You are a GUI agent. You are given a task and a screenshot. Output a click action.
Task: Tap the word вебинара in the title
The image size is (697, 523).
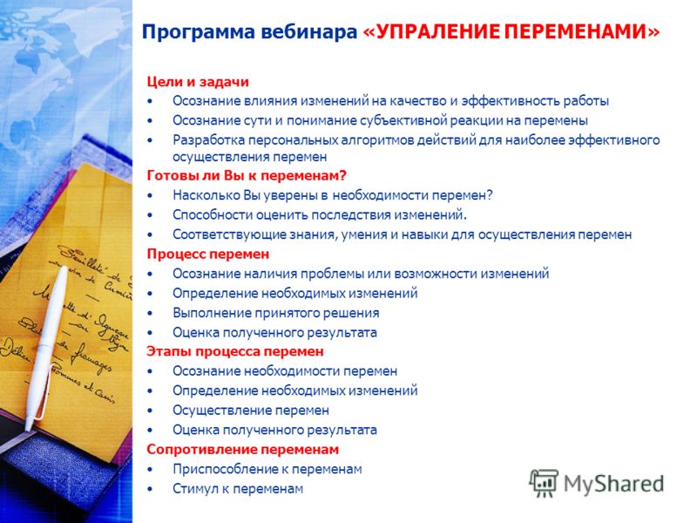coord(309,32)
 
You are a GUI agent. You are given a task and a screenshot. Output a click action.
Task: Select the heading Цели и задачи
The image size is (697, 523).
coord(198,82)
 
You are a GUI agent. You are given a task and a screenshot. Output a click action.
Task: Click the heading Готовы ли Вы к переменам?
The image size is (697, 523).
coord(247,176)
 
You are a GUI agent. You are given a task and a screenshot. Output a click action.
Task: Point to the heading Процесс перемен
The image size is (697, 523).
coord(208,255)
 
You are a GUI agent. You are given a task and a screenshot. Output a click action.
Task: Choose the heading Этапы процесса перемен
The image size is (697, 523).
coord(235,351)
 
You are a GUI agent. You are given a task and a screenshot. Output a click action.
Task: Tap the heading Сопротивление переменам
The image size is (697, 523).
coord(243,449)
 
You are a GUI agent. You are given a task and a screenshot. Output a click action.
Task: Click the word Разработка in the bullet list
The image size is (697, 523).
coord(208,140)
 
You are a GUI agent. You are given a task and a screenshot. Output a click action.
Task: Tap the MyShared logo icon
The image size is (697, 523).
coord(544,483)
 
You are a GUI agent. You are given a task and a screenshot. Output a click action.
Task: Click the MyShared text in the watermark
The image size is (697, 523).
coord(614,484)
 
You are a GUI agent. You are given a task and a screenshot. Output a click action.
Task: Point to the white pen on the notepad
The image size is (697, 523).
coord(45,347)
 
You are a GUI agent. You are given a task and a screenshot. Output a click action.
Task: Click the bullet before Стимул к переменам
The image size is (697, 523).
coord(150,489)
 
